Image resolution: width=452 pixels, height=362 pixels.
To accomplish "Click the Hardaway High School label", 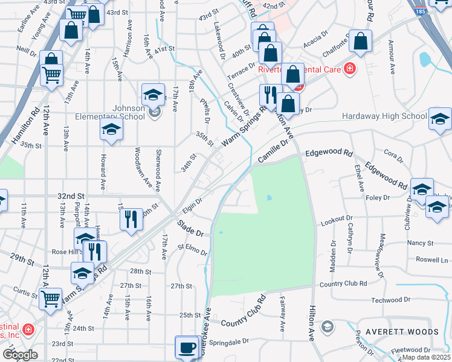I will pyautogui.click(x=384, y=116).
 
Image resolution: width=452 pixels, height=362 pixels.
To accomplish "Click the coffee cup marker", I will pyautogui.click(x=187, y=348).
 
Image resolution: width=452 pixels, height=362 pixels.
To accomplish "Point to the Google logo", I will pyautogui.click(x=20, y=355).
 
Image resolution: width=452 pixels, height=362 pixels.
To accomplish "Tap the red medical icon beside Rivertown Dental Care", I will pyautogui.click(x=348, y=69).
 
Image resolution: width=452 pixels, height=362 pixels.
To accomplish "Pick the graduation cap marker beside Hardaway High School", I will pyautogui.click(x=440, y=119).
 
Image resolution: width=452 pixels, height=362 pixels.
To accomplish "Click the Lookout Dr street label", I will pyautogui.click(x=337, y=220).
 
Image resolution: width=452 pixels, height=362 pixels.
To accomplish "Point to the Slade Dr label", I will pyautogui.click(x=192, y=228).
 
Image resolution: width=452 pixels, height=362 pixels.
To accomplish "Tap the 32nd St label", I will pyautogui.click(x=70, y=196).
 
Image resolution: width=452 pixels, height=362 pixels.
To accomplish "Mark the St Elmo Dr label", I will pyautogui.click(x=192, y=249).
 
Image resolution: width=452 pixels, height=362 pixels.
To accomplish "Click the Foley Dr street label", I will pyautogui.click(x=376, y=197).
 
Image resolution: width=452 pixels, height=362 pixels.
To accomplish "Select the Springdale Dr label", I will pyautogui.click(x=230, y=341).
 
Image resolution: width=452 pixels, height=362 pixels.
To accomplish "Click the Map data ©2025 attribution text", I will pyautogui.click(x=427, y=357).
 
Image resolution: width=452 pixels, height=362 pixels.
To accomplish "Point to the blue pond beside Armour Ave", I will pyautogui.click(x=425, y=59).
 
